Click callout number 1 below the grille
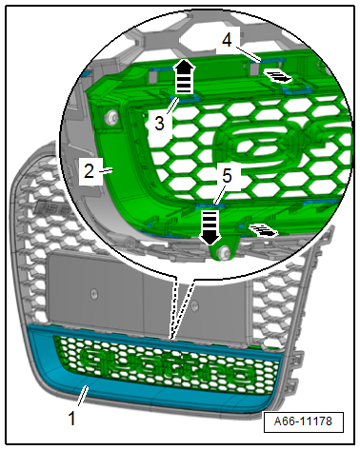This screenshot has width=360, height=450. [72, 418]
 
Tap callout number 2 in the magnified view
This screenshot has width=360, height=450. [89, 171]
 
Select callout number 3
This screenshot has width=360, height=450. [159, 123]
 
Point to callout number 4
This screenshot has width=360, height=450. [227, 41]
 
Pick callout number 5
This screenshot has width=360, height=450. [227, 176]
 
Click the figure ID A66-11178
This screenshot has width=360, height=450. [303, 421]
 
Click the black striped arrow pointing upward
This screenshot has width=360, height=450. [184, 76]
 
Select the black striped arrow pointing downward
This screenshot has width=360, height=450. [210, 227]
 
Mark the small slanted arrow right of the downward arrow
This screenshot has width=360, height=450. [263, 230]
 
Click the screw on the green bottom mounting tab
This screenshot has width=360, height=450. [225, 252]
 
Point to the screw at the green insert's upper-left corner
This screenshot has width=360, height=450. [112, 117]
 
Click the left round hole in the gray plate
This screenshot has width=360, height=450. [93, 294]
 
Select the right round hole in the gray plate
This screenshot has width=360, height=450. [194, 305]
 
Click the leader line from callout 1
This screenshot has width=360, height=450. [82, 395]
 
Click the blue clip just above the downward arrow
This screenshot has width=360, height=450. [210, 206]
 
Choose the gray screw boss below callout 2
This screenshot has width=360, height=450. [129, 243]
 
